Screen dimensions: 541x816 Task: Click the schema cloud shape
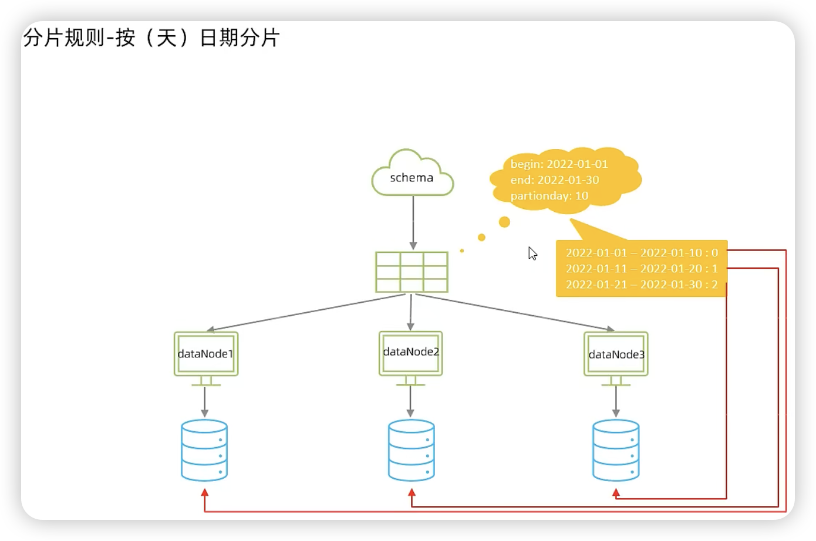coord(412,174)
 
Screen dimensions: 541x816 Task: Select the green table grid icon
coord(412,272)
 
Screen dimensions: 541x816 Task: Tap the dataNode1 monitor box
coord(206,354)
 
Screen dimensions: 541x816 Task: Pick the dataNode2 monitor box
coord(411,353)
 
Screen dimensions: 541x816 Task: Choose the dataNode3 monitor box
coord(616,354)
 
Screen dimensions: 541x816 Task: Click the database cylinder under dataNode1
coord(204,450)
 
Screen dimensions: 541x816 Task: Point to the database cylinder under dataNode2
coord(411,450)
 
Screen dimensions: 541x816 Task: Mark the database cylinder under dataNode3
coord(616,450)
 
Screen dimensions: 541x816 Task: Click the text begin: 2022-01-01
coord(559,164)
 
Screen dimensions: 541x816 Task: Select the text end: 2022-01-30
coord(555,180)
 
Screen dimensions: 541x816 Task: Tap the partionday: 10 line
coord(549,196)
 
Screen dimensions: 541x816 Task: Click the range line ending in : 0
coord(642,253)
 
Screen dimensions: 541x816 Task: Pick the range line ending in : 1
coord(642,269)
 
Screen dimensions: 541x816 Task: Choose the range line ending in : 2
coord(642,285)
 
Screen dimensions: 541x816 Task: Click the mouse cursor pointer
coord(532,253)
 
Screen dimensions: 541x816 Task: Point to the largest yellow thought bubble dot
coord(504,222)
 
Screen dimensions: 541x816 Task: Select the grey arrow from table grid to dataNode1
coord(305,313)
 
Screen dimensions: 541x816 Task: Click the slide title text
coord(151,38)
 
